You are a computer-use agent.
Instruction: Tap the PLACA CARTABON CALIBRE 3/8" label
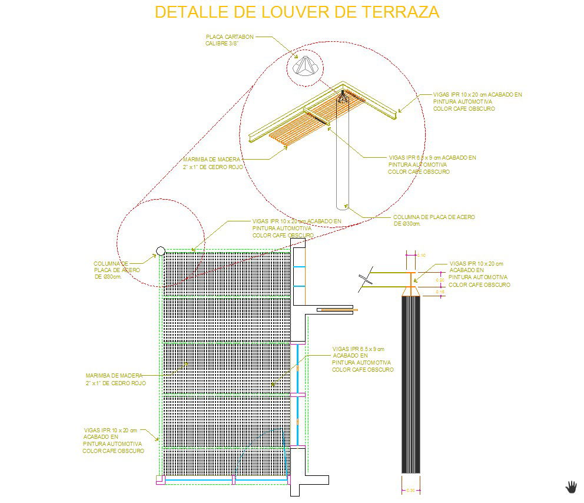[x=230, y=40]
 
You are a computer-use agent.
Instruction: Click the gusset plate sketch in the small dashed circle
[x=306, y=66]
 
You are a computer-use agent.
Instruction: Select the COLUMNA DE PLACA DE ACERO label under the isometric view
[x=434, y=220]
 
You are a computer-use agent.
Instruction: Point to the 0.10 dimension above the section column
[x=422, y=255]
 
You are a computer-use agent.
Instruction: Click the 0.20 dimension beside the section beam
[x=440, y=280]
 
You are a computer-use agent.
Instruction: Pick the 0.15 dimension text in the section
[x=440, y=292]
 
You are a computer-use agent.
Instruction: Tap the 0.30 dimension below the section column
[x=410, y=490]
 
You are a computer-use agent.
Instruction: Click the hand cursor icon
[x=571, y=487]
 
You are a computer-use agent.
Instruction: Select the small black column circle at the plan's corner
[x=160, y=251]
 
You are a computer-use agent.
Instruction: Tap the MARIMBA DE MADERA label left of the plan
[x=115, y=379]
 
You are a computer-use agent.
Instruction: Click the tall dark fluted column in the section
[x=410, y=383]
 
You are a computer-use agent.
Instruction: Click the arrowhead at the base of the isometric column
[x=347, y=206]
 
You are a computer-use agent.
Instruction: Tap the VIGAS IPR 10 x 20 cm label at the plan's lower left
[x=113, y=441]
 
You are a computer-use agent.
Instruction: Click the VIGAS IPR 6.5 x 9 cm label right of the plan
[x=362, y=359]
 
